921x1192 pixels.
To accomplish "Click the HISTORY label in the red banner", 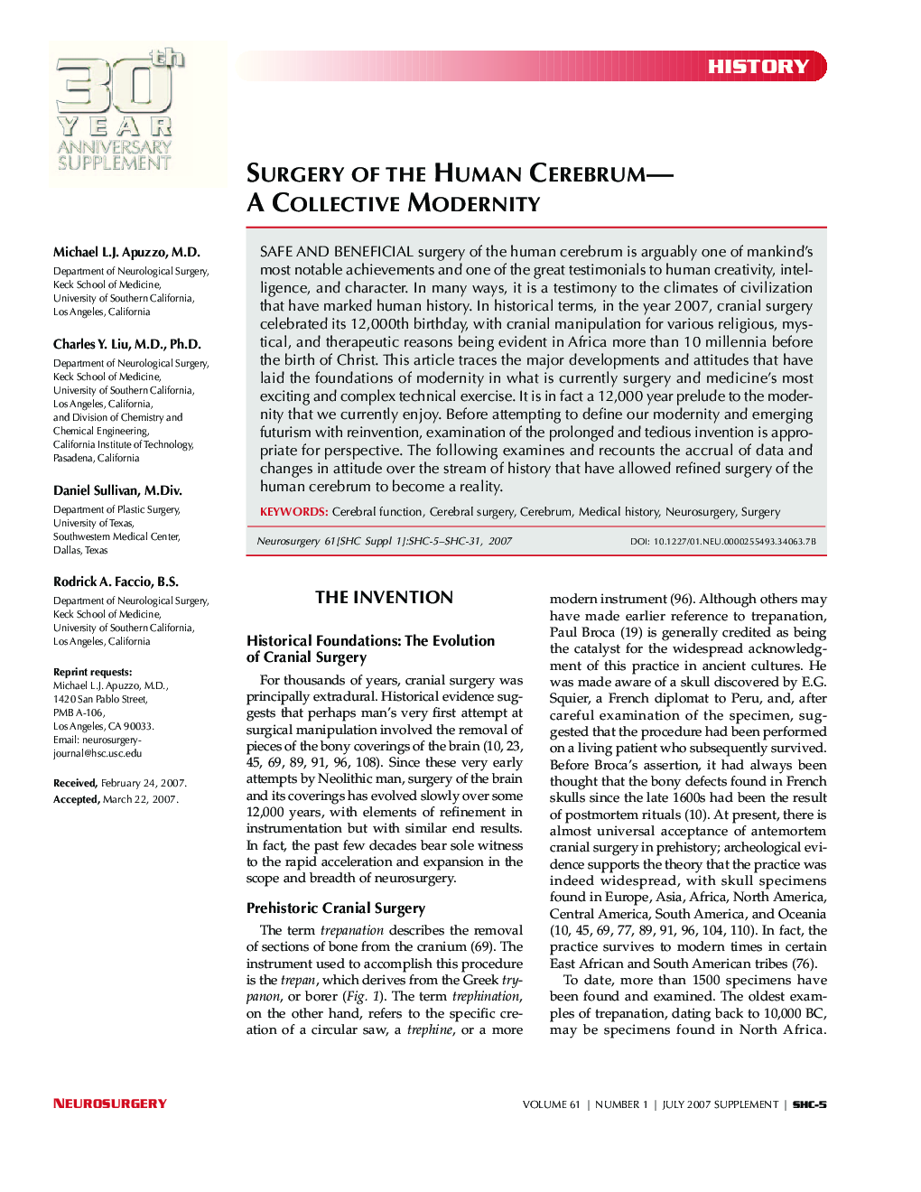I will coord(758,67).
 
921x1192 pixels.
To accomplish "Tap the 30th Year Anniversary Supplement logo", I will coord(116,112).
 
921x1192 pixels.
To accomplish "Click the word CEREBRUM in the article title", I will coord(587,173).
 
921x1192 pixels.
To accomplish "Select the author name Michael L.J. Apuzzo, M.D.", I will coord(126,252).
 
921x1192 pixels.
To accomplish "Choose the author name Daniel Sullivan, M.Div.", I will coord(117,490).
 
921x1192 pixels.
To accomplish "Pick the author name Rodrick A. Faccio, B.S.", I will coord(116,582).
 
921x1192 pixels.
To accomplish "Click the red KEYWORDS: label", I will coord(293,512).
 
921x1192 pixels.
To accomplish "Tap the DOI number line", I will coord(722,542).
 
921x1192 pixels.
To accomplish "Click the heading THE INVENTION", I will coord(384,597).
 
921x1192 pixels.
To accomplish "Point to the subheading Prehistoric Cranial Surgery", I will coord(335,908).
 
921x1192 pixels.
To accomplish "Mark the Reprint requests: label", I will coord(92,672).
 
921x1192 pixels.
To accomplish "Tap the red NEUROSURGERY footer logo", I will coord(109,1104).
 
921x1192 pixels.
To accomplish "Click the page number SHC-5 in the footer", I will coord(809,1104).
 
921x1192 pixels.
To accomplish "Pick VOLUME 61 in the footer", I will coord(551,1104).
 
